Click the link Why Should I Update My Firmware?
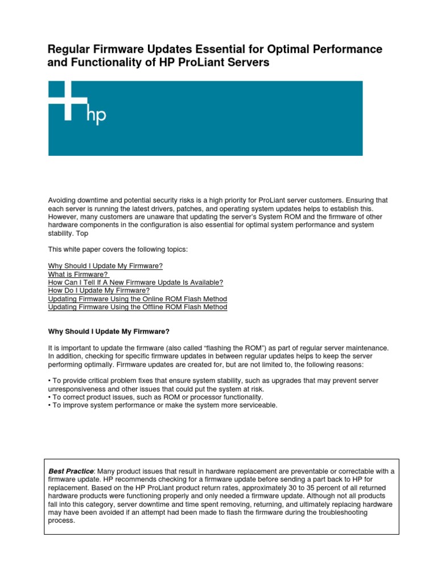(105, 266)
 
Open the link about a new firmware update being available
(135, 282)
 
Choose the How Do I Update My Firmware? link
(99, 290)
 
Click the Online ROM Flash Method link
(138, 299)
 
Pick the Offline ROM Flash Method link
(138, 307)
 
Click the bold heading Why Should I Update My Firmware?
(109, 331)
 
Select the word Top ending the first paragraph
(83, 233)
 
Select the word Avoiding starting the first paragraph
(63, 200)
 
